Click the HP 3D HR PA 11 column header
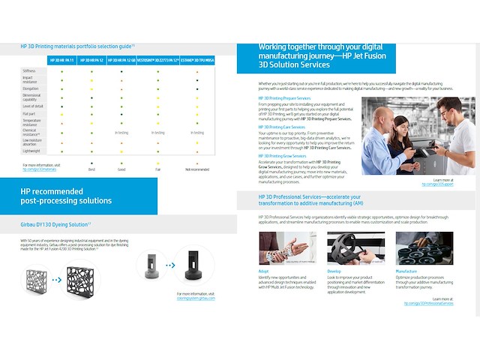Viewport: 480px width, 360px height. pos(62,58)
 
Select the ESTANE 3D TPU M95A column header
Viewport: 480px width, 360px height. pos(198,58)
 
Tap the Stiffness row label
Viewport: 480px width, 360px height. pos(29,70)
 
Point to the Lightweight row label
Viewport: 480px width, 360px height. pos(31,150)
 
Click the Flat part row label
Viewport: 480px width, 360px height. pos(30,114)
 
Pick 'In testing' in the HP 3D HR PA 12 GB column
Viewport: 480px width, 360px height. pos(121,132)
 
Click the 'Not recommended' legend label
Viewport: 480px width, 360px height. pos(196,169)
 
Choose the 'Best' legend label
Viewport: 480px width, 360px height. pos(91,169)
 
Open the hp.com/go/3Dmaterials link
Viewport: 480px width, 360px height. pos(38,169)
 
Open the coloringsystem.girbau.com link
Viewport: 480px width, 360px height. pos(196,298)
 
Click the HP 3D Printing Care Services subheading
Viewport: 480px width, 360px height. pos(282,127)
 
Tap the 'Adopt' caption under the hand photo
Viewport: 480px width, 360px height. pos(263,271)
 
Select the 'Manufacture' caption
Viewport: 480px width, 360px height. pos(406,271)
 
